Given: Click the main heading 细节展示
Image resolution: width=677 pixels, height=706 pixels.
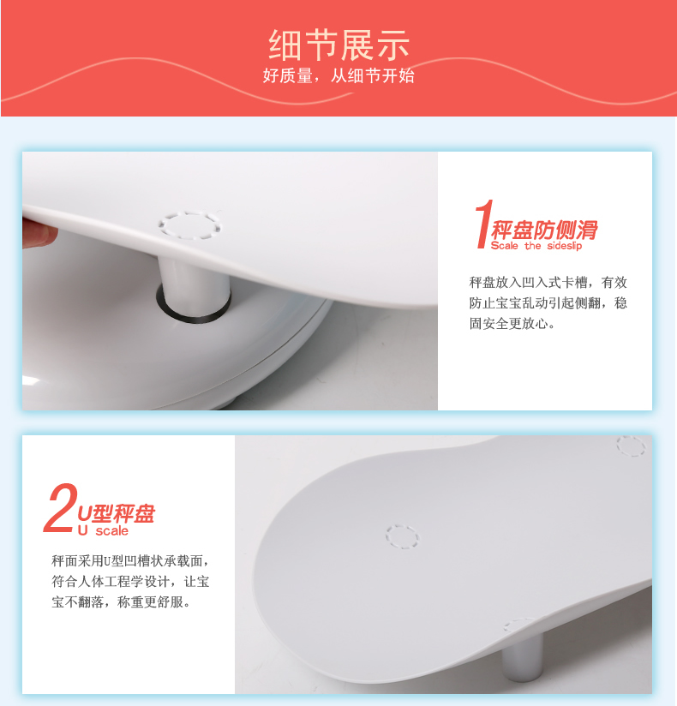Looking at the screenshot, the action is (338, 45).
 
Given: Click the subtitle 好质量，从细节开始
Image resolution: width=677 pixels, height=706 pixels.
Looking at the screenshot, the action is (338, 75).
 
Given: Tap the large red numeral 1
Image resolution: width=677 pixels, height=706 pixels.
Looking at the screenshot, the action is (483, 224).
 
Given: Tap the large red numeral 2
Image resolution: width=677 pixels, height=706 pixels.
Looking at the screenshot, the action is (61, 508).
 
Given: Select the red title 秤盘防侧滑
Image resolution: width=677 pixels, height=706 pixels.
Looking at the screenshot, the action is (544, 230).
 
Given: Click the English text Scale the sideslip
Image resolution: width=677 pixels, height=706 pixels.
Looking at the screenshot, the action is (536, 246).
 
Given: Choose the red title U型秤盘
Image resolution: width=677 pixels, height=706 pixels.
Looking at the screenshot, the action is (117, 514).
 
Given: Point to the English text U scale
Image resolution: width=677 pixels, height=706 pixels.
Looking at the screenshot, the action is (103, 531).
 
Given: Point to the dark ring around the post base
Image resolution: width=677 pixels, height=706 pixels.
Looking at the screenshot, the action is (194, 317).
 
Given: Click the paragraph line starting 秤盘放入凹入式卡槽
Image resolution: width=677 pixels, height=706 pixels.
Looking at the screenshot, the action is (548, 283).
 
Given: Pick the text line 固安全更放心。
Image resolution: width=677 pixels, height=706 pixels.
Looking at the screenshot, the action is (512, 324).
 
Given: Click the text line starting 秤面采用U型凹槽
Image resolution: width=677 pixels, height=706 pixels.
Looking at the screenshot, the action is (130, 561).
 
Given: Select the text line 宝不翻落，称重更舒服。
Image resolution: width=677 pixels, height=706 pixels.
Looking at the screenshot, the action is (121, 602).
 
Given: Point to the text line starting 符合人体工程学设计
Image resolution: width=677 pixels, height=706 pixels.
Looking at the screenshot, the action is (130, 581).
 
